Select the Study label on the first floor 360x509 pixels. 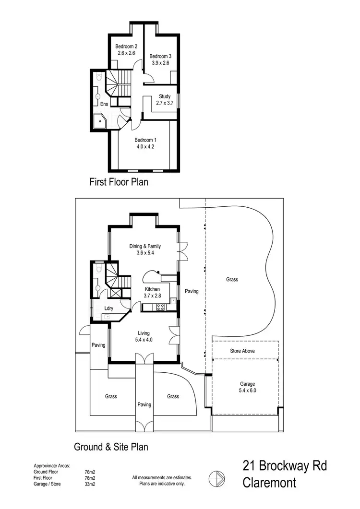tap(165, 96)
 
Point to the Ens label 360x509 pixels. tap(104, 104)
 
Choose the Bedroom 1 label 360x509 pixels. tap(145, 140)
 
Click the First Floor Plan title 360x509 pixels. tap(119, 182)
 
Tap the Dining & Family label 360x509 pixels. tap(145, 247)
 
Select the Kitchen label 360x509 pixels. tap(152, 289)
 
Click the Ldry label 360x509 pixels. tap(108, 308)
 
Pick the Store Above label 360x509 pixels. tap(242, 351)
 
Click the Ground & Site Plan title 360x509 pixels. tap(110, 447)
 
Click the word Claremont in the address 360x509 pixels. tap(269, 483)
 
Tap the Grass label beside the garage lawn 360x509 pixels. tap(232, 279)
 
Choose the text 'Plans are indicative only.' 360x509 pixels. tap(162, 484)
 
